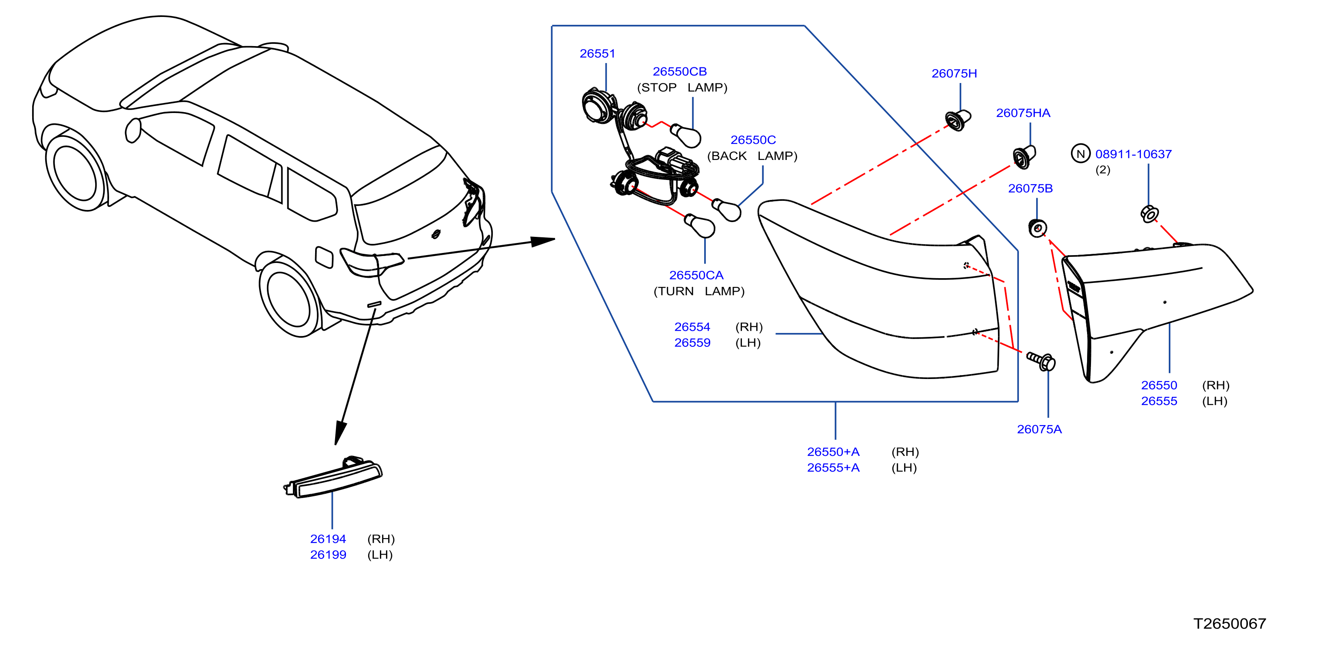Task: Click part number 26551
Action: point(597,53)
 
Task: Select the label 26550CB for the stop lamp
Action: point(679,72)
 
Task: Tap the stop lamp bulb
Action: point(685,135)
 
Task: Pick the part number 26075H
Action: point(954,73)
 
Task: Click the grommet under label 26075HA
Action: point(1024,156)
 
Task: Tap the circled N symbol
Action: point(1080,154)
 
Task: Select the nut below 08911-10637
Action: point(1149,214)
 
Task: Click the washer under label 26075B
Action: point(1038,228)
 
